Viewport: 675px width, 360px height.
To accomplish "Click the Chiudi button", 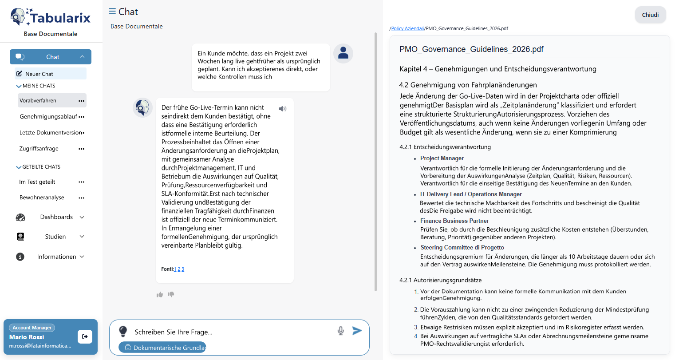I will pyautogui.click(x=650, y=15).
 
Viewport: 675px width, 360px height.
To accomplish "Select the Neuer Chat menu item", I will pyautogui.click(x=39, y=74).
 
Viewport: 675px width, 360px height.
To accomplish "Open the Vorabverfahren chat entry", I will pyautogui.click(x=38, y=101).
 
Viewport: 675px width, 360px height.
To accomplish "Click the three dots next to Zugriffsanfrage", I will pyautogui.click(x=81, y=149).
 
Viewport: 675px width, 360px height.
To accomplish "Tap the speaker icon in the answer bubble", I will pyautogui.click(x=283, y=109).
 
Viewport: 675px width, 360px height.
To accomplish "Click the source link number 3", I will pyautogui.click(x=183, y=269).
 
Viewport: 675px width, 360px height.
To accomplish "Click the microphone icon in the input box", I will pyautogui.click(x=341, y=331).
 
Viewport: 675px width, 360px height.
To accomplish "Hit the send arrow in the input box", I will pyautogui.click(x=357, y=331).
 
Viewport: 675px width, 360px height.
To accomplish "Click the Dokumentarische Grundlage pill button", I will pyautogui.click(x=162, y=348).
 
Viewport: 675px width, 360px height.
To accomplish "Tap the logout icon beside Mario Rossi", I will pyautogui.click(x=85, y=336).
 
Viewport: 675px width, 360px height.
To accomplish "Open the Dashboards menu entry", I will pyautogui.click(x=56, y=217).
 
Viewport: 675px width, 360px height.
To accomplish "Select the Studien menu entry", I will pyautogui.click(x=55, y=237).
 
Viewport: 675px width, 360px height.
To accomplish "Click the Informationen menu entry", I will pyautogui.click(x=56, y=257).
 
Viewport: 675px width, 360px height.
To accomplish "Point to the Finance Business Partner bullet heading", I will pyautogui.click(x=454, y=221).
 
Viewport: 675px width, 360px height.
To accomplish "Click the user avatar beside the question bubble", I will pyautogui.click(x=343, y=54).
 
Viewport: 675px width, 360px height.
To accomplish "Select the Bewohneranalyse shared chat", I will pyautogui.click(x=42, y=198).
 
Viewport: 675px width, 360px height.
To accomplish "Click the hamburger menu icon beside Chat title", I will pyautogui.click(x=112, y=12).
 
